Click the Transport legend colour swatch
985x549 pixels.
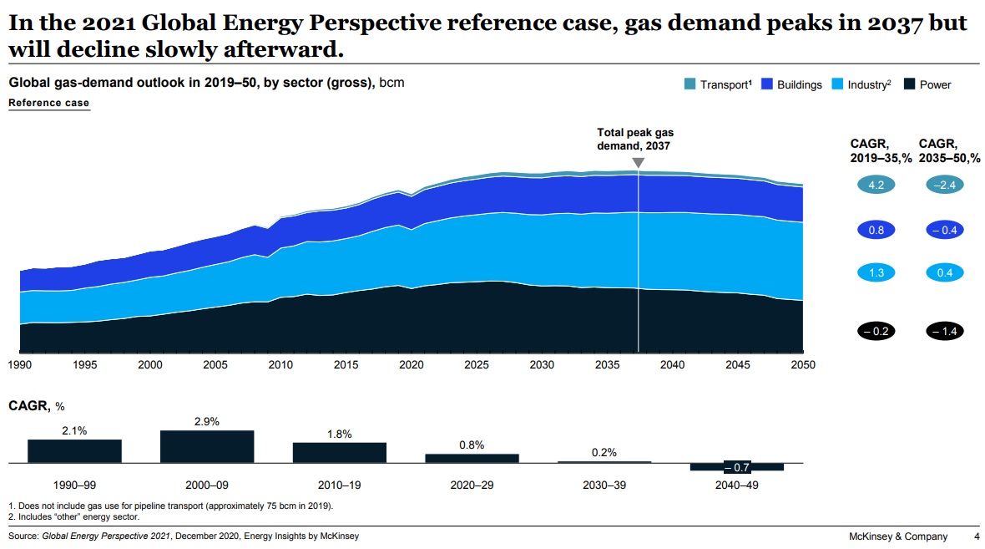click(x=690, y=84)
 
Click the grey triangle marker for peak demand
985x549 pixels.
click(x=639, y=163)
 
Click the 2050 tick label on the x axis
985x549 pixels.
click(x=802, y=365)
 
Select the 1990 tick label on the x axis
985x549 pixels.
click(x=20, y=365)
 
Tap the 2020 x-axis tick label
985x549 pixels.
click(x=411, y=365)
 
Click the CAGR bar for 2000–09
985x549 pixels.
click(x=207, y=446)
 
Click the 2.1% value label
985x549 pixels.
click(x=74, y=431)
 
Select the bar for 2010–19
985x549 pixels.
click(x=339, y=452)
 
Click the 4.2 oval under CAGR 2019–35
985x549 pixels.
click(x=876, y=186)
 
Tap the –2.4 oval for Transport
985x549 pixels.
click(x=944, y=186)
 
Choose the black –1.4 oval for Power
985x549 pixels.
click(x=944, y=331)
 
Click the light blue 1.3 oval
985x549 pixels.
click(x=876, y=272)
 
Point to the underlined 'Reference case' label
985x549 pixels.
click(x=48, y=103)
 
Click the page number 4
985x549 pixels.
click(x=977, y=536)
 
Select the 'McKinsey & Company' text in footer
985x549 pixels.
click(x=897, y=536)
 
